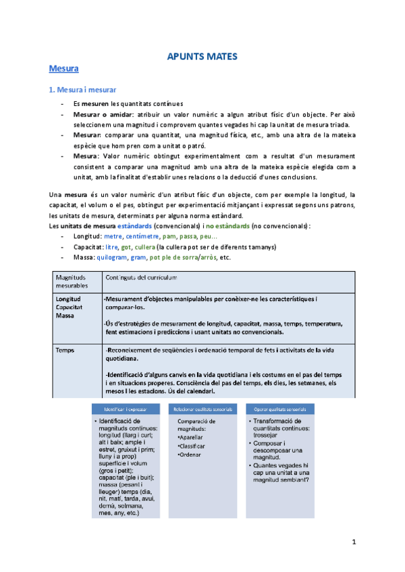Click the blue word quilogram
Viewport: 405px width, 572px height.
pyautogui.click(x=113, y=257)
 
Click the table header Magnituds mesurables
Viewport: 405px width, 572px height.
pyautogui.click(x=72, y=281)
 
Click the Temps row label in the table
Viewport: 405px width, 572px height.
pyautogui.click(x=67, y=351)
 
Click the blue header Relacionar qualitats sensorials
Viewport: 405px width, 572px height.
pyautogui.click(x=202, y=409)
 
